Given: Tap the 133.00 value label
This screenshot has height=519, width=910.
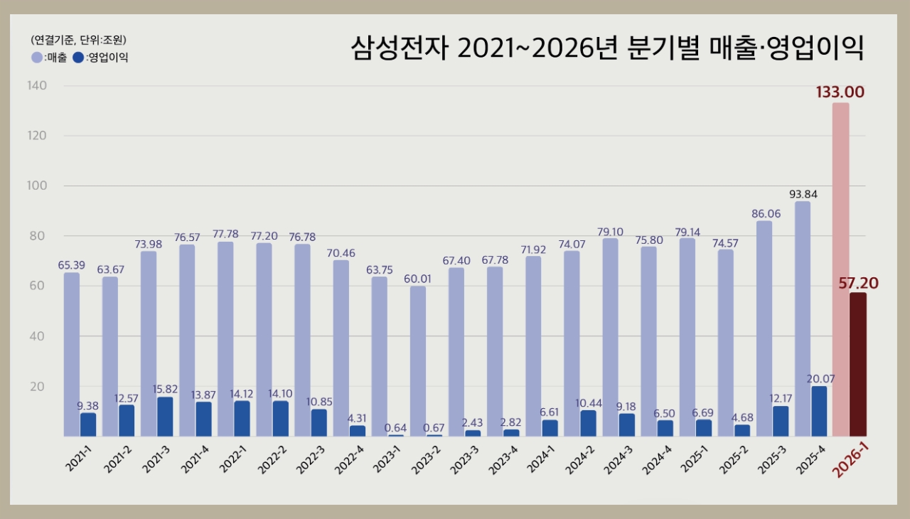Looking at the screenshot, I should pos(840,92).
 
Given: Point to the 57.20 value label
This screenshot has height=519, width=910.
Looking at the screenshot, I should pos(858,284).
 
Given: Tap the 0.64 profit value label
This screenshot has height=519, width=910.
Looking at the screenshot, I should pos(396,427).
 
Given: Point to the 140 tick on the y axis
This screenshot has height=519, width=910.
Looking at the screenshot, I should pos(37,86).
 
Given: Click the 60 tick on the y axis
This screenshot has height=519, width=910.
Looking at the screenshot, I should pos(37,286).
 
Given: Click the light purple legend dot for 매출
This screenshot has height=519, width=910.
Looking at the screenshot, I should pos(37,58).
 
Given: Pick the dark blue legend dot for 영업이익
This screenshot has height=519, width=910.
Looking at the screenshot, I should pos(78,58).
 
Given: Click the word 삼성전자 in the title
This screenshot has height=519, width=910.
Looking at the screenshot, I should pos(400,48).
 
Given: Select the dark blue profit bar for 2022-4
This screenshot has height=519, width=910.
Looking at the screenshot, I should pos(358,431).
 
